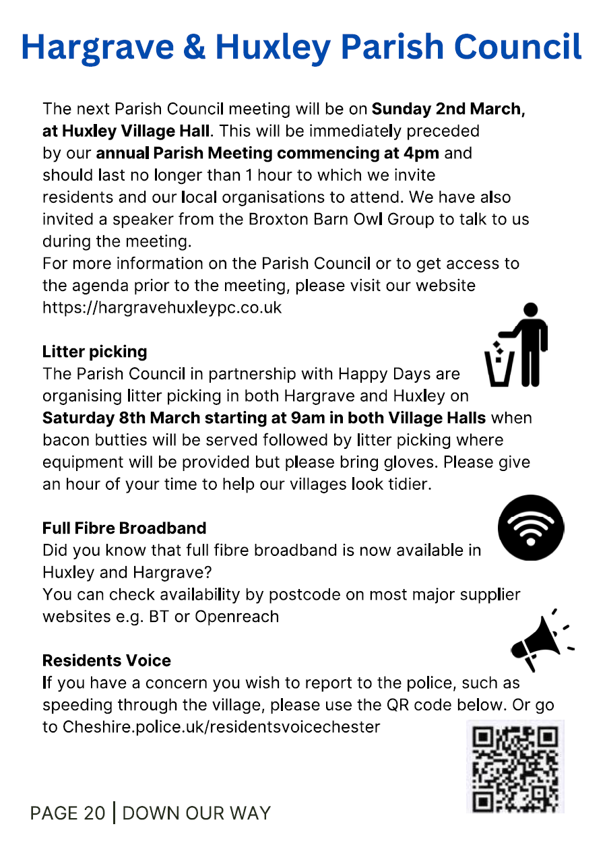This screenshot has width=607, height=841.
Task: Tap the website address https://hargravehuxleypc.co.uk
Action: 162,307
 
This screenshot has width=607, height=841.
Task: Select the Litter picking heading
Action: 94,351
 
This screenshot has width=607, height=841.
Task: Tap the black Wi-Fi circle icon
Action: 531,528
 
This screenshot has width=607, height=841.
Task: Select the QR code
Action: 515,767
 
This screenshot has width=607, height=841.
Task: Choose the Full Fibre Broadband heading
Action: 124,528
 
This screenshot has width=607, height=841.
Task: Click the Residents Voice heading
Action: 106,660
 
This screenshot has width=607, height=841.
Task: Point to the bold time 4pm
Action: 422,153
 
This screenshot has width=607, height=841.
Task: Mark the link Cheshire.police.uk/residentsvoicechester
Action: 222,727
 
